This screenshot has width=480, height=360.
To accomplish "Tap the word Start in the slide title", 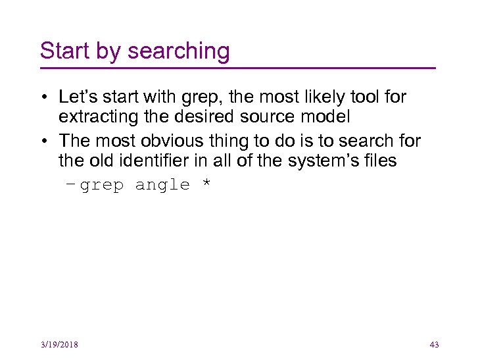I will pyautogui.click(x=62, y=51).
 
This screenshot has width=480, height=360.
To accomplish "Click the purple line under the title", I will pyautogui.click(x=237, y=68).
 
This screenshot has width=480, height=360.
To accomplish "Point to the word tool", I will pyautogui.click(x=365, y=97).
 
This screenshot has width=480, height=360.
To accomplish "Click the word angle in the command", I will pyautogui.click(x=162, y=186).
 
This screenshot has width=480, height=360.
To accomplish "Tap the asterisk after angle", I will pyautogui.click(x=206, y=184).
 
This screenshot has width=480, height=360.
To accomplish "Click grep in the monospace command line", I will pyautogui.click(x=101, y=186).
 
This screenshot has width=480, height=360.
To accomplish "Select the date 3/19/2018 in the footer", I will pyautogui.click(x=59, y=345).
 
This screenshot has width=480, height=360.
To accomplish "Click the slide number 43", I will pyautogui.click(x=433, y=345).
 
